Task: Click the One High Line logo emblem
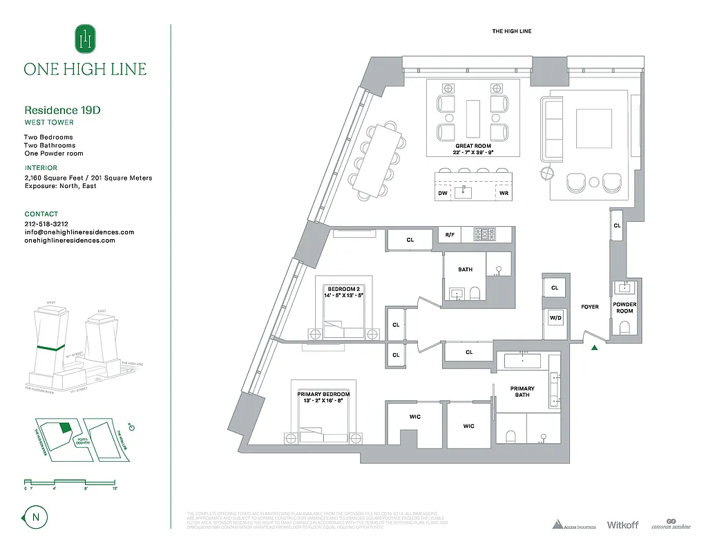coord(85,39)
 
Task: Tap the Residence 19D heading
coord(67,110)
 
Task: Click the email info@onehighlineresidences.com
coord(79,232)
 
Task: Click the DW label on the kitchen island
coord(442,194)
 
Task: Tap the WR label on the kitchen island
coord(504,194)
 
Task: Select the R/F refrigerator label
coord(450,235)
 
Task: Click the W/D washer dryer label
coord(554,318)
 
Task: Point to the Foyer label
coord(589,306)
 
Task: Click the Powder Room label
coord(625,308)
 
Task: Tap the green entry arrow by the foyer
coord(593,348)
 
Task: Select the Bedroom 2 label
coord(345,292)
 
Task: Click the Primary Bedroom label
coord(324,397)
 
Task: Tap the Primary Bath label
coord(522,392)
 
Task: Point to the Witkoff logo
coord(622,525)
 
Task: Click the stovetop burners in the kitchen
coord(484,235)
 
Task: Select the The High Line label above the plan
coord(511,31)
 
